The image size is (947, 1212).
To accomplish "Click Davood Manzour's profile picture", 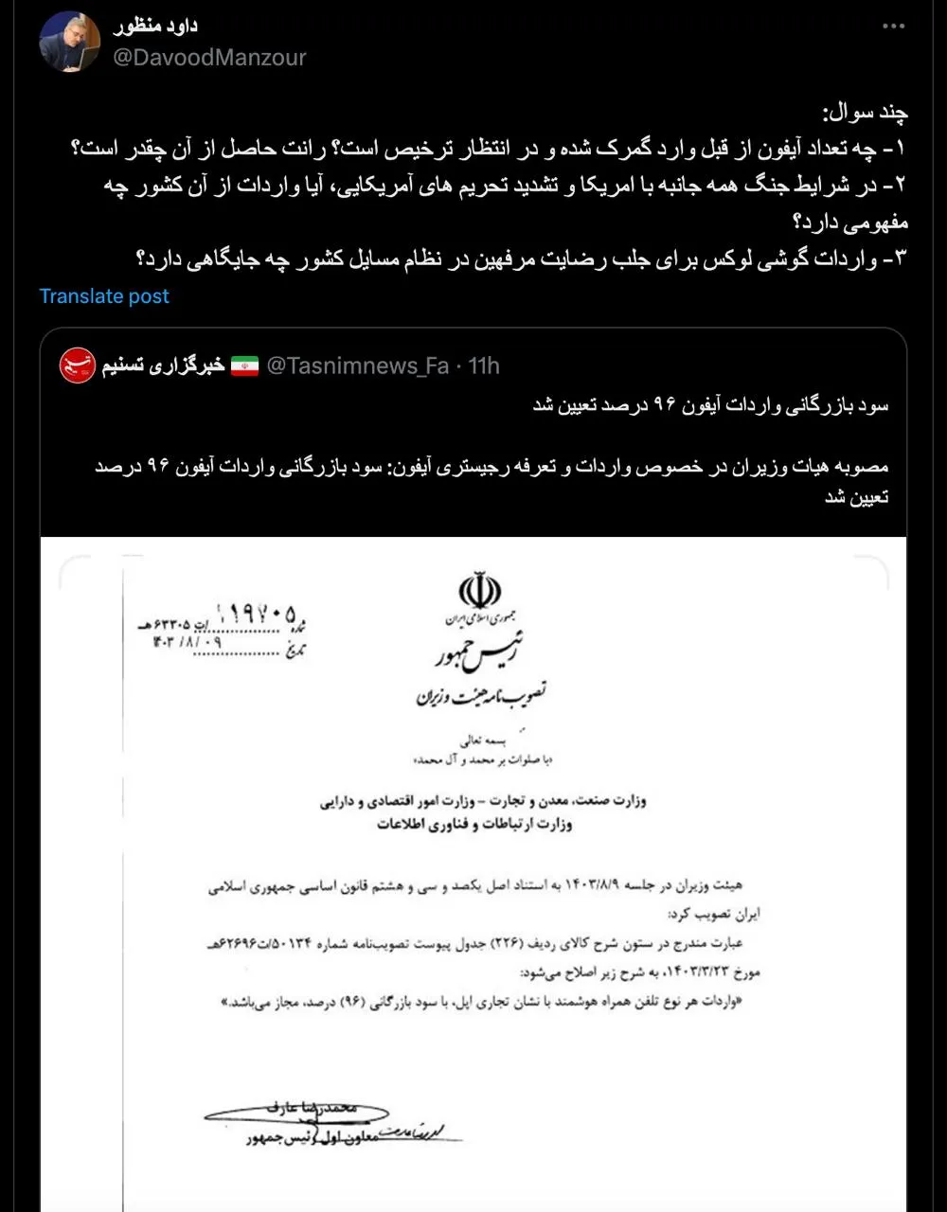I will click(70, 42).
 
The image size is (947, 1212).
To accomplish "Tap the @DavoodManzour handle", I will click(209, 58).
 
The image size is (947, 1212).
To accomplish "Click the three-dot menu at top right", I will click(893, 27).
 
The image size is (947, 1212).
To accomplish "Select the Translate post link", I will click(104, 296).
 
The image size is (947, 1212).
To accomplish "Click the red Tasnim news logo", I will click(78, 365).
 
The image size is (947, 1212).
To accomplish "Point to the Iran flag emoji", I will click(244, 366).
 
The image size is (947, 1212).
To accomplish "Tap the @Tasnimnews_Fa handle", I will click(358, 366).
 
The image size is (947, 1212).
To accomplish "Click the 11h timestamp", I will click(483, 366).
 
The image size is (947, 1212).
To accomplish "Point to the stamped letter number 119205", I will click(256, 609).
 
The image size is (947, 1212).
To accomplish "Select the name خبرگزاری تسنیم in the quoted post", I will click(164, 366).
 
